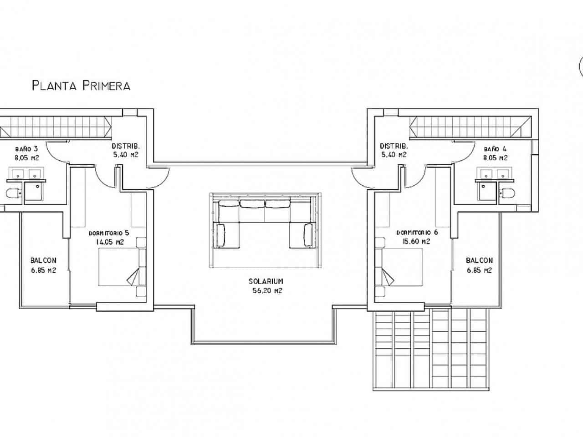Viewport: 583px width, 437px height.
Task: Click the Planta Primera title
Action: tap(81, 86)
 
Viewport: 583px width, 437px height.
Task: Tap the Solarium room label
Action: tap(266, 282)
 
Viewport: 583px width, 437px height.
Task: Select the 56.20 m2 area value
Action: tap(266, 291)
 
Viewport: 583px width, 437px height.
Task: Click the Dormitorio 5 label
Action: tap(109, 233)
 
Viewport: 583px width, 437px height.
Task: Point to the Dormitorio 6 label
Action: tap(417, 232)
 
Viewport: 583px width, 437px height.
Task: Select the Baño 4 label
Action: tap(495, 149)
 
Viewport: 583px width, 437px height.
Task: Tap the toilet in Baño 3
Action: tap(12, 194)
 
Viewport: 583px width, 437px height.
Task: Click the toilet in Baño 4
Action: tap(508, 193)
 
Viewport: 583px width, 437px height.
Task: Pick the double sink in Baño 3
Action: tap(25, 174)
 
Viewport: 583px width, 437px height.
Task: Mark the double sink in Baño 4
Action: tap(493, 173)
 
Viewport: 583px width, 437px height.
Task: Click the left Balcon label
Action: tap(43, 261)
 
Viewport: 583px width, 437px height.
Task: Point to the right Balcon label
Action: tap(479, 261)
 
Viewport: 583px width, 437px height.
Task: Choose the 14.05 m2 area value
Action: tap(109, 242)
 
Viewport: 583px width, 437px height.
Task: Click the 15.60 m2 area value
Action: tap(417, 242)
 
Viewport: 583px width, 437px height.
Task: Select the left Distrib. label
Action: tap(125, 147)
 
